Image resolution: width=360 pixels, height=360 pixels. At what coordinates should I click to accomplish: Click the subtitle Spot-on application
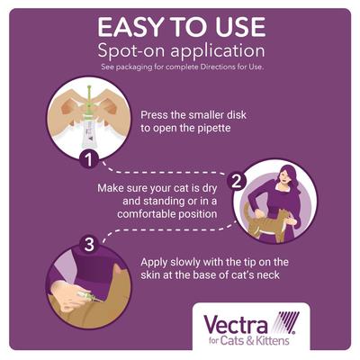click(x=179, y=50)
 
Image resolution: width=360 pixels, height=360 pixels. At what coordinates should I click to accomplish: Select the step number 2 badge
click(x=236, y=179)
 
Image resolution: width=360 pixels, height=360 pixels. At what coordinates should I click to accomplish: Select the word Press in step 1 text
click(x=159, y=115)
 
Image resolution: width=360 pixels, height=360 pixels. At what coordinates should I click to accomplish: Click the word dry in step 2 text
click(x=232, y=187)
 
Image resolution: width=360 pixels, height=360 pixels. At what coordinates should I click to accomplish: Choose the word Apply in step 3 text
click(x=158, y=262)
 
